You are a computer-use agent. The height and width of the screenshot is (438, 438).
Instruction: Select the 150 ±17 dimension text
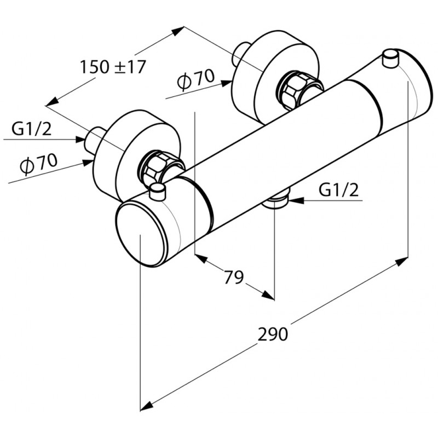(x=113, y=67)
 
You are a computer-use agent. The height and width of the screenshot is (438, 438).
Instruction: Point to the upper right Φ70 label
(x=195, y=79)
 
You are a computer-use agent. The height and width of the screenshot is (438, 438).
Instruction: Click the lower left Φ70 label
(x=38, y=163)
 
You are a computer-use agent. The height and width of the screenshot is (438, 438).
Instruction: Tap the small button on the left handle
(x=158, y=191)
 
